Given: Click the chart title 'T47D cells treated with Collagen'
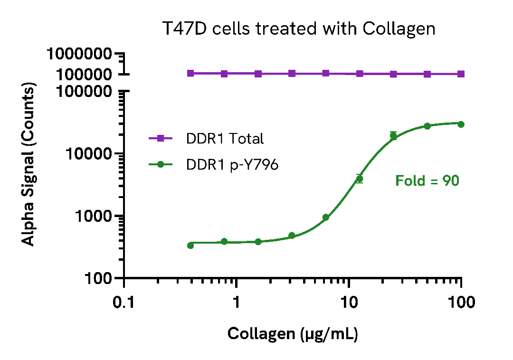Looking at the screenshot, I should pyautogui.click(x=299, y=28).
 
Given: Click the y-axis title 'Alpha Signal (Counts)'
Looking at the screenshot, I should pyautogui.click(x=29, y=165).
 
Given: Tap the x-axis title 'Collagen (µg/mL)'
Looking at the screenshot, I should pyautogui.click(x=293, y=333).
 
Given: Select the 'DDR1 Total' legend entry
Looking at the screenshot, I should pyautogui.click(x=225, y=139).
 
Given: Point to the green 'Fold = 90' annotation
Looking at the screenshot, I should pyautogui.click(x=427, y=181).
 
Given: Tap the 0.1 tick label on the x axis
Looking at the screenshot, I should pyautogui.click(x=124, y=302).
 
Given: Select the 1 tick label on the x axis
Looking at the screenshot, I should pyautogui.click(x=236, y=302).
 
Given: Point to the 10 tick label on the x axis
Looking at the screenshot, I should pyautogui.click(x=349, y=302).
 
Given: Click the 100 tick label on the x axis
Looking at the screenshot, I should pyautogui.click(x=461, y=302).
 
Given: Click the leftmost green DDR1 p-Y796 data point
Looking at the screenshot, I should pyautogui.click(x=190, y=245).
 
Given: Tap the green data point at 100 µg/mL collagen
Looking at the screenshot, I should pyautogui.click(x=461, y=124).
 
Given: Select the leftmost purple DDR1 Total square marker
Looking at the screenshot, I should pyautogui.click(x=190, y=73).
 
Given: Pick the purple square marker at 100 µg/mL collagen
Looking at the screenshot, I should pyautogui.click(x=461, y=74).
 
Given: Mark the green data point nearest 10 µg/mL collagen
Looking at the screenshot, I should pyautogui.click(x=360, y=179).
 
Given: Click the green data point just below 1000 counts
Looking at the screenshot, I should pyautogui.click(x=326, y=218).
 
